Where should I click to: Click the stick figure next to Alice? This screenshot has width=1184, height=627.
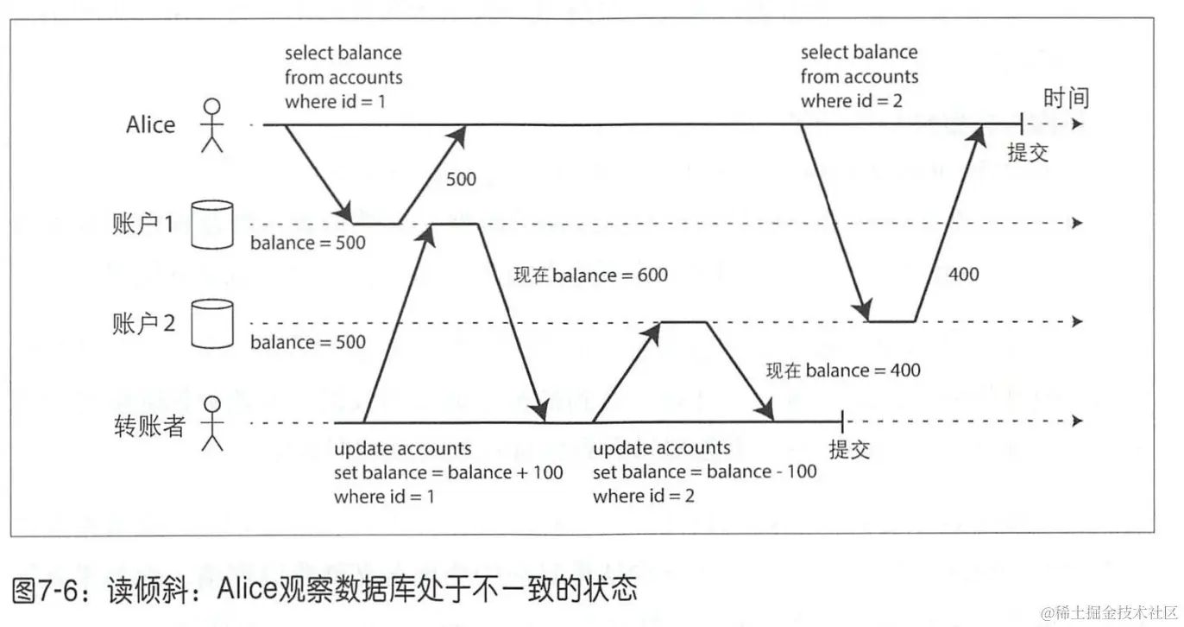[x=211, y=125]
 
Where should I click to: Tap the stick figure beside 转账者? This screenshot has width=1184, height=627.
[x=211, y=423]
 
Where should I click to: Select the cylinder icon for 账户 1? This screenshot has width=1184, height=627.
[x=211, y=225]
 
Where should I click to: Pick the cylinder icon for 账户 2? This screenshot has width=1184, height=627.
[x=211, y=323]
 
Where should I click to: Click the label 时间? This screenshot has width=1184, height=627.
[x=1066, y=98]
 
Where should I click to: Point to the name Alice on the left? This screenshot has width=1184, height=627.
[x=150, y=125]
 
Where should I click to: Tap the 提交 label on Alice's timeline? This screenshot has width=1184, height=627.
[x=1028, y=154]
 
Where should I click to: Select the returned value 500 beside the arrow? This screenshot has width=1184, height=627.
[x=461, y=180]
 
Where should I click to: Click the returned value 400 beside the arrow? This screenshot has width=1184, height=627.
[x=963, y=274]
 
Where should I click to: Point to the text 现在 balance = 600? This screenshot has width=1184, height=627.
[x=590, y=275]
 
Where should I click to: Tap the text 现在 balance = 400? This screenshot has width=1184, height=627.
[x=843, y=370]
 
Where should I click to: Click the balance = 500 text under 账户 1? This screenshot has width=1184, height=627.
[x=308, y=244]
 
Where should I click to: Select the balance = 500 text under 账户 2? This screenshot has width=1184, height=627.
[x=308, y=342]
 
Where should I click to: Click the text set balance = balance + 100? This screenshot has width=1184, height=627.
[x=448, y=472]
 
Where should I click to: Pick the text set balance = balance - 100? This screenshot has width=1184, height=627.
[x=704, y=472]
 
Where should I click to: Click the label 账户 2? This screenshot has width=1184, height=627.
[x=144, y=323]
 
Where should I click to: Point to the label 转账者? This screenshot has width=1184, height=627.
[x=149, y=426]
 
